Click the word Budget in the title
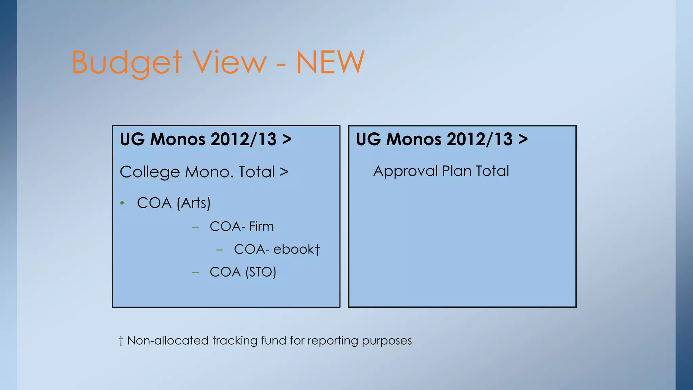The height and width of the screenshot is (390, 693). click(127, 63)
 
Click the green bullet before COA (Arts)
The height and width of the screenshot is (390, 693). click(122, 203)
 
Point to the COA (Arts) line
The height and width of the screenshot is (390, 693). click(174, 203)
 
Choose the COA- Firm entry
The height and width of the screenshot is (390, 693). click(242, 226)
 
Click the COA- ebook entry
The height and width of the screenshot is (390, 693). click(274, 250)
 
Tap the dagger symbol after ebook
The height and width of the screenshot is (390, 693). click(317, 250)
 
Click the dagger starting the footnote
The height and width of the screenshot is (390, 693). click(121, 341)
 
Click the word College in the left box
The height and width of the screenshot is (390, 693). click(150, 172)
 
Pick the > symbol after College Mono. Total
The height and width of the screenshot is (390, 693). click(284, 172)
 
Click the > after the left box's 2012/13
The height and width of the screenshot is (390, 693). click(287, 139)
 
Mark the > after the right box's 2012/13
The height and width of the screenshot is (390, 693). click(523, 139)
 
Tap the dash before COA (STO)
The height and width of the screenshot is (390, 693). click(196, 273)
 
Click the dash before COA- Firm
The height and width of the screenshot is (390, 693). click(196, 227)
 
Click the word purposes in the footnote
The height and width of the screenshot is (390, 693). click(387, 341)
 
